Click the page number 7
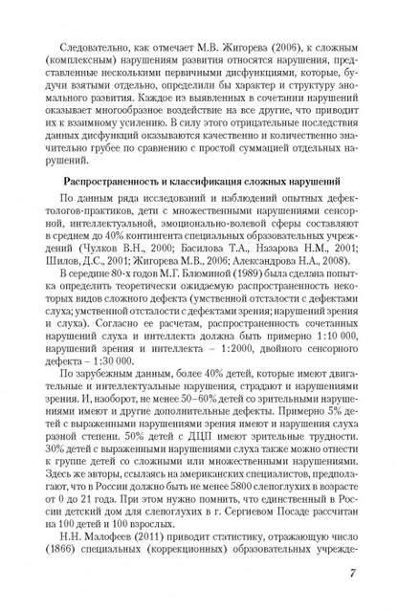[355, 575]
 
